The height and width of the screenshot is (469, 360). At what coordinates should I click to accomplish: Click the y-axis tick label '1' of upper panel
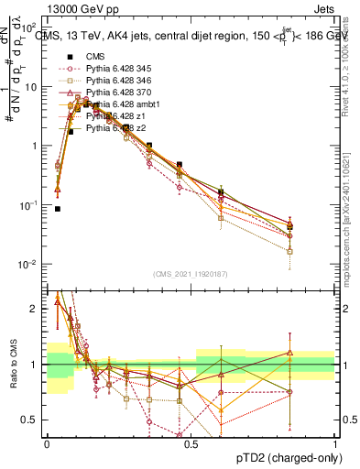coord(37,146)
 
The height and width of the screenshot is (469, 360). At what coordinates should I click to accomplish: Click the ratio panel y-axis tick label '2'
coord(38,309)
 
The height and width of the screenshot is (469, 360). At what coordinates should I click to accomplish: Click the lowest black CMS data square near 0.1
coord(58,209)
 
